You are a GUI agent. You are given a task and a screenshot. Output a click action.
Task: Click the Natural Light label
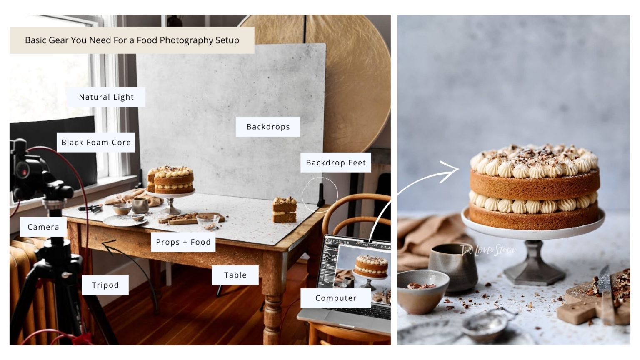(x=106, y=97)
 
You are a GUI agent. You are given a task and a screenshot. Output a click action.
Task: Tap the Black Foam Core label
(x=96, y=142)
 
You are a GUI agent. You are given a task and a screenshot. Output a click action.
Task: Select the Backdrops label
(x=268, y=127)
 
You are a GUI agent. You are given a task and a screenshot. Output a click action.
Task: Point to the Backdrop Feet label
(x=336, y=162)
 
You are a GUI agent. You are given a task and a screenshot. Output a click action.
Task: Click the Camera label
(x=43, y=227)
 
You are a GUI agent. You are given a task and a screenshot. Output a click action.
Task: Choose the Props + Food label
(x=183, y=242)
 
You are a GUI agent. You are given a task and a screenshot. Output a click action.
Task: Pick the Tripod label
(x=105, y=285)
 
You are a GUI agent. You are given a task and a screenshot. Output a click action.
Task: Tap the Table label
(x=235, y=275)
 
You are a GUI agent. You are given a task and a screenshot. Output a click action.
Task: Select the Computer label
(x=335, y=298)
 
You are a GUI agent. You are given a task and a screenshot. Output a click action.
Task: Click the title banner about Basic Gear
(x=132, y=40)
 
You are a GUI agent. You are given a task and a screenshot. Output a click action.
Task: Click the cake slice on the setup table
(x=285, y=210)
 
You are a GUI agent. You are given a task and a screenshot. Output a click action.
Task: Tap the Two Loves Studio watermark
(x=488, y=250)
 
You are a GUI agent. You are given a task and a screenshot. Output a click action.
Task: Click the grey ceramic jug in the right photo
(x=452, y=267)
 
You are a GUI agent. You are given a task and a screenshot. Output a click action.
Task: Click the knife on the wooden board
(x=605, y=292)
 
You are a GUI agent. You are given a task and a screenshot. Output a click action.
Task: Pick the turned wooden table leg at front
(x=272, y=308)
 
